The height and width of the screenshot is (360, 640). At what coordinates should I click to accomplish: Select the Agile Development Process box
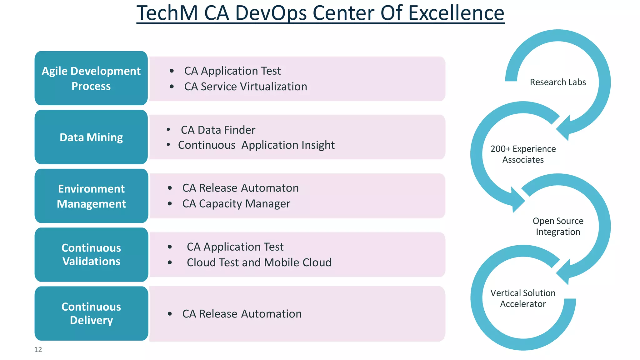tap(91, 78)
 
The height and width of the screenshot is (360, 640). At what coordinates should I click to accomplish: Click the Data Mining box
tap(91, 137)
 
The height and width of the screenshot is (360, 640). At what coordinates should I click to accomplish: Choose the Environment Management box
tap(91, 196)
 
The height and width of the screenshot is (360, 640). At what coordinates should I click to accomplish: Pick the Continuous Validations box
tap(91, 255)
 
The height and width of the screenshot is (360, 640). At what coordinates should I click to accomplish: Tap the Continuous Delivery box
tap(91, 313)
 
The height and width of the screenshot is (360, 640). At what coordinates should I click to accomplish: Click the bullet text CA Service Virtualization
tap(246, 87)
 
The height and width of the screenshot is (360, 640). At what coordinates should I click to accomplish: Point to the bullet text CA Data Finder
tap(218, 130)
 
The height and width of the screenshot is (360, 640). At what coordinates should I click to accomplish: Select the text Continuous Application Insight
tap(256, 145)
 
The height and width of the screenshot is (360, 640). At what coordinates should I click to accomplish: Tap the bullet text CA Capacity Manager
tap(236, 204)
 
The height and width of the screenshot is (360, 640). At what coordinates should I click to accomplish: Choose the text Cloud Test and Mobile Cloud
tap(259, 262)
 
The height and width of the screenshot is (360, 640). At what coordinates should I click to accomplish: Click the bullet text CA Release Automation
tap(242, 314)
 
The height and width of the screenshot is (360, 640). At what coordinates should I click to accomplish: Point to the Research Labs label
tap(558, 82)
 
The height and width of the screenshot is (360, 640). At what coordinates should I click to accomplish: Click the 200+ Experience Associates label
tap(523, 154)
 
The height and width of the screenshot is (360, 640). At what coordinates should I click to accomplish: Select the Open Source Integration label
tap(558, 226)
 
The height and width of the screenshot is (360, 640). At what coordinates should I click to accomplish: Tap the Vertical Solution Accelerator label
tap(523, 298)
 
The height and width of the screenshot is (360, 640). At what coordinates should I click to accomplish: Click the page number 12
tap(38, 349)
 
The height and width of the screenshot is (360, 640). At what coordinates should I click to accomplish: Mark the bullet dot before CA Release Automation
tap(170, 314)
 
